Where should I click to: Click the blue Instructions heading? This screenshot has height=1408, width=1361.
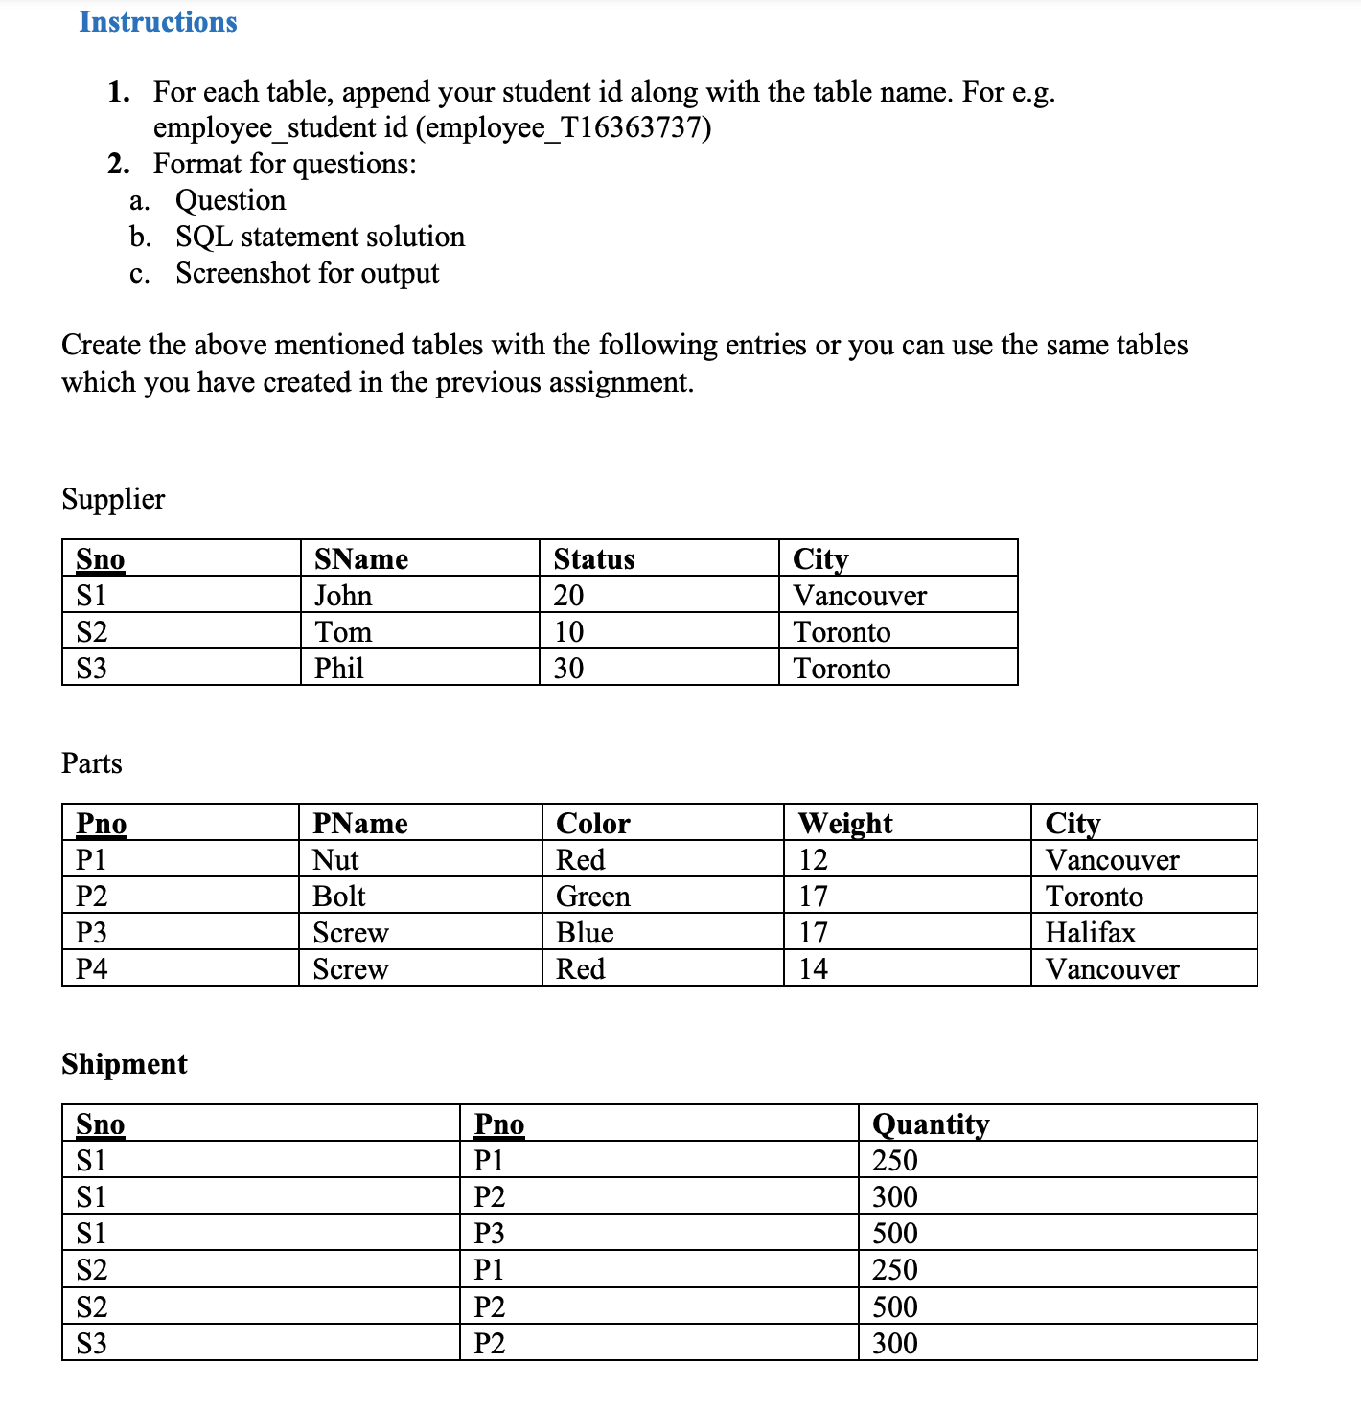pos(158,22)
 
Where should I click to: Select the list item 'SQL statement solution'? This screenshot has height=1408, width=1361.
pos(320,237)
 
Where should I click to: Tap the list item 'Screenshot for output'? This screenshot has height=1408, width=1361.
pos(307,273)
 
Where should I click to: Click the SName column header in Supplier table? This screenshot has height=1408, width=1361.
pos(361,558)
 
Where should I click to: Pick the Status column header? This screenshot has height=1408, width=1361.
pos(594,558)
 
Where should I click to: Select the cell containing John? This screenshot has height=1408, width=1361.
pos(343,595)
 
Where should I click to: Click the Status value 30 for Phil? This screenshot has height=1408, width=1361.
pos(568,668)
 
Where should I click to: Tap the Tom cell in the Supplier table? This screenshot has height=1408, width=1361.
pos(343,631)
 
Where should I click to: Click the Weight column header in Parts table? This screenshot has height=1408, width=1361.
pos(845,823)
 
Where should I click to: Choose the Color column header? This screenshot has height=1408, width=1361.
pos(593,823)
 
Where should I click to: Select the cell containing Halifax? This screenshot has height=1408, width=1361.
pos(1090,932)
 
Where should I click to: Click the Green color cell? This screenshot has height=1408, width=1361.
pos(593,896)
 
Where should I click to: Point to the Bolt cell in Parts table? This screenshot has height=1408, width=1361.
pos(339,896)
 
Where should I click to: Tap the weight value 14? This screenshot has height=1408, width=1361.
pos(813,968)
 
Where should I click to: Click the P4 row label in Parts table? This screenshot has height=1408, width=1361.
pos(92,968)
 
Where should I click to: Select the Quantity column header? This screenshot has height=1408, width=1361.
pos(930,1124)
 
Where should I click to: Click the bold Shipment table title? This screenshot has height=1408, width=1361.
pos(125,1064)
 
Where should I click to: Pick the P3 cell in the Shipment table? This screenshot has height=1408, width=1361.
pos(489,1233)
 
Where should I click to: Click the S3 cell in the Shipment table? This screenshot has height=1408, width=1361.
pos(92,1343)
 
